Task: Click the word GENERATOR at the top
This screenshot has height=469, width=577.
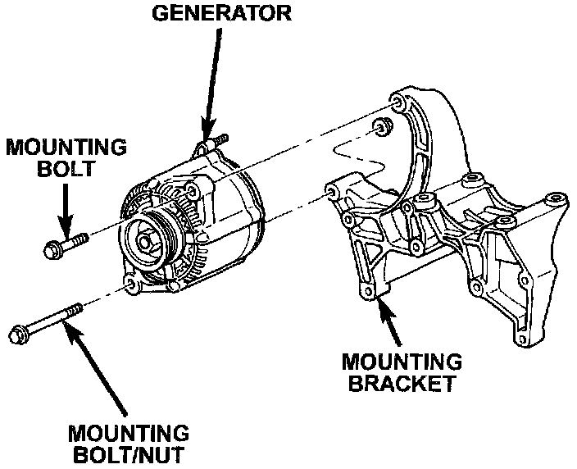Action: tap(219, 13)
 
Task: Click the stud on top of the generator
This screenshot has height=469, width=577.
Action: tap(216, 142)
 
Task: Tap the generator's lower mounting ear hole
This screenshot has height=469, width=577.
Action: tap(129, 284)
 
